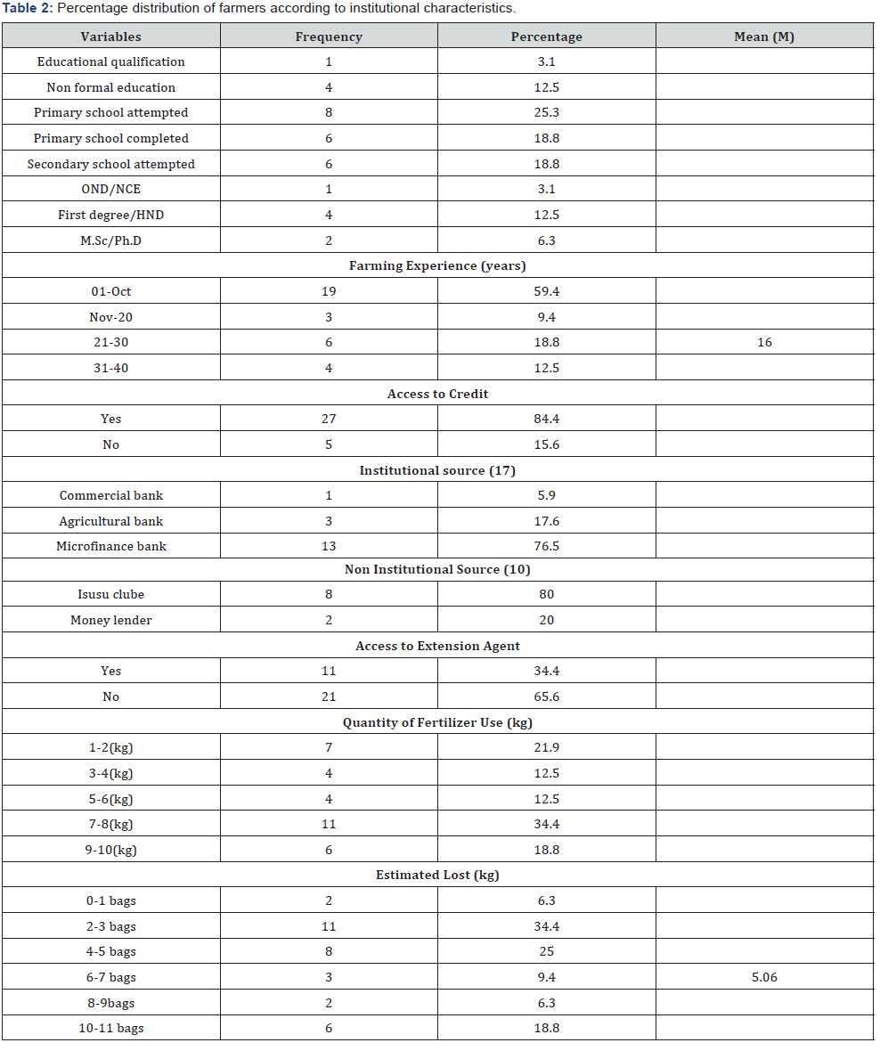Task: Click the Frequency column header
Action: tap(329, 37)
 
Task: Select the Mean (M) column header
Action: tap(764, 37)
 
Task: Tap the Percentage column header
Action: tap(546, 37)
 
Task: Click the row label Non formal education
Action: tap(110, 87)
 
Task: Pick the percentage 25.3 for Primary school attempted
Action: tap(546, 113)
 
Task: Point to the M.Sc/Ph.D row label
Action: tap(110, 240)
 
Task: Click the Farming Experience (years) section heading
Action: tap(437, 266)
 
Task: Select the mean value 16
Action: tap(764, 342)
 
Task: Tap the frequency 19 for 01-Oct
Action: tap(329, 291)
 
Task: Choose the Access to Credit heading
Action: tap(437, 394)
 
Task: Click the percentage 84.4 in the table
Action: tap(546, 419)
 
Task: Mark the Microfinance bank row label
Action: tap(110, 546)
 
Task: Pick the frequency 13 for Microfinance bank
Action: tap(329, 546)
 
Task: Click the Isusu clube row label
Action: tap(110, 594)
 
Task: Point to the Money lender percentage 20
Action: tap(546, 620)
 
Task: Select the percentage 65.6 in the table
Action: tap(546, 697)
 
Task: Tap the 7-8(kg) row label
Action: tap(110, 824)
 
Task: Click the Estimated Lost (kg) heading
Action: tap(437, 875)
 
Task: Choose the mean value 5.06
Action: tap(764, 977)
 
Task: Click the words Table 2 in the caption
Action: tap(26, 8)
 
